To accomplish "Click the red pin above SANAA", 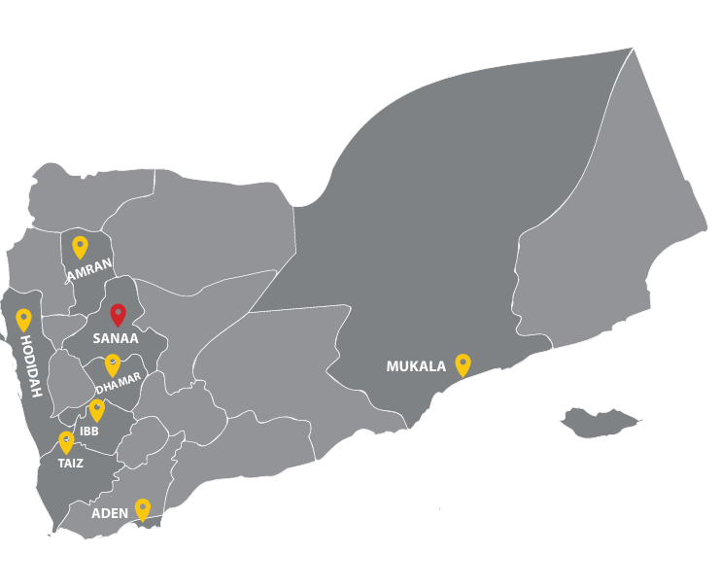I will (x=118, y=314).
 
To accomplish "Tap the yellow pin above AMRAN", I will (x=80, y=247).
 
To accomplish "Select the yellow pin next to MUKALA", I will (x=463, y=364).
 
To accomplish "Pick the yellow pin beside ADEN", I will (x=143, y=508).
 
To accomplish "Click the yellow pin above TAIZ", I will (x=66, y=442).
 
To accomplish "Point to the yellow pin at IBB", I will (x=96, y=410).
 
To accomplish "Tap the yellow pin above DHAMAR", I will (x=113, y=365).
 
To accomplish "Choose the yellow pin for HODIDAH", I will (x=23, y=320).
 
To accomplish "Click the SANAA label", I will (x=116, y=339).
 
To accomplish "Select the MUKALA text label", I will (x=416, y=366).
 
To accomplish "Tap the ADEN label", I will (x=110, y=513).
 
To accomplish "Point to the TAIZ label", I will (x=70, y=464).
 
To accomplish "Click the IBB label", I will (x=89, y=430).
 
